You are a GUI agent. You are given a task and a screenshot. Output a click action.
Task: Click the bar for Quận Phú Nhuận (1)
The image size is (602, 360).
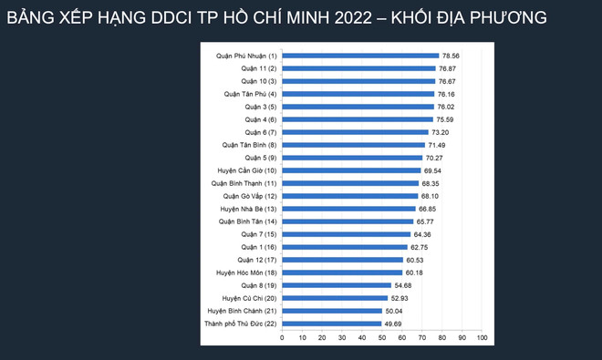pos(360,55)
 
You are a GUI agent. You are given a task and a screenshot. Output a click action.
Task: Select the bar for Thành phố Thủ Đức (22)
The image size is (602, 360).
pos(331,323)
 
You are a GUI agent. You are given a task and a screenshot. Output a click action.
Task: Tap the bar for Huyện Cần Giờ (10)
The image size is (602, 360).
pos(351,170)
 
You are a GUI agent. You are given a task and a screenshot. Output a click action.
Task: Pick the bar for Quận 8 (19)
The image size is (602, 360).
pos(337,284)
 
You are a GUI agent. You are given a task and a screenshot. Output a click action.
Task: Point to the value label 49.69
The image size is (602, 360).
pos(392,323)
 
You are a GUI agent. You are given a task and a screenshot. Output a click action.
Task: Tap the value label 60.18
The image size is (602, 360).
pos(414,272)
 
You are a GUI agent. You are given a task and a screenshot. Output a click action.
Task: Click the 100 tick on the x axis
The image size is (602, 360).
pos(482,338)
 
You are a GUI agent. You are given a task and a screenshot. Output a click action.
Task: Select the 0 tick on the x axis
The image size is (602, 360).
pos(282,338)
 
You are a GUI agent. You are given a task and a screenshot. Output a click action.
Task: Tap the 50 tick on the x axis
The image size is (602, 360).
pos(382,338)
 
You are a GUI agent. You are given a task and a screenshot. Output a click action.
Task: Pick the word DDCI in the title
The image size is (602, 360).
pos(145,17)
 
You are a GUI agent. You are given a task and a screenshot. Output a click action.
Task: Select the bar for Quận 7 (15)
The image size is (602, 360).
pos(347,233)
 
